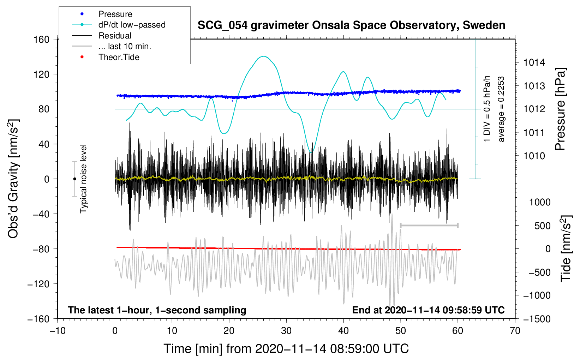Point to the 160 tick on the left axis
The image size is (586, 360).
tap(42, 40)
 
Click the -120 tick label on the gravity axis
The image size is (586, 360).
tap(38, 284)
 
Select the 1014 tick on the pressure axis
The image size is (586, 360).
tap(534, 62)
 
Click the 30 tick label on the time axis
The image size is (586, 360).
tap(286, 331)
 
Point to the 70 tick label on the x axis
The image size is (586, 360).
tap(515, 331)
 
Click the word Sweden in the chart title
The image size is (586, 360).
tap(484, 25)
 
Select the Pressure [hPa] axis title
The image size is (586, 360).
tap(560, 109)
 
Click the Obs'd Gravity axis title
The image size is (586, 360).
tap(13, 179)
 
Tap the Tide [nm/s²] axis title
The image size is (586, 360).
tap(566, 248)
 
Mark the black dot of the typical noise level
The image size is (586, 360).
tap(75, 179)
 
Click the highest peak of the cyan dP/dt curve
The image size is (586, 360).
tap(264, 56)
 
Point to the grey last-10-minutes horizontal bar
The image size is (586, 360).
tap(429, 226)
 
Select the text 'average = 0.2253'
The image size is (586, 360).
tap(501, 109)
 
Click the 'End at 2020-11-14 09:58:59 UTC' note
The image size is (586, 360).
tap(428, 310)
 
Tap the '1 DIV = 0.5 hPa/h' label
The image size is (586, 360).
tap(486, 109)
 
